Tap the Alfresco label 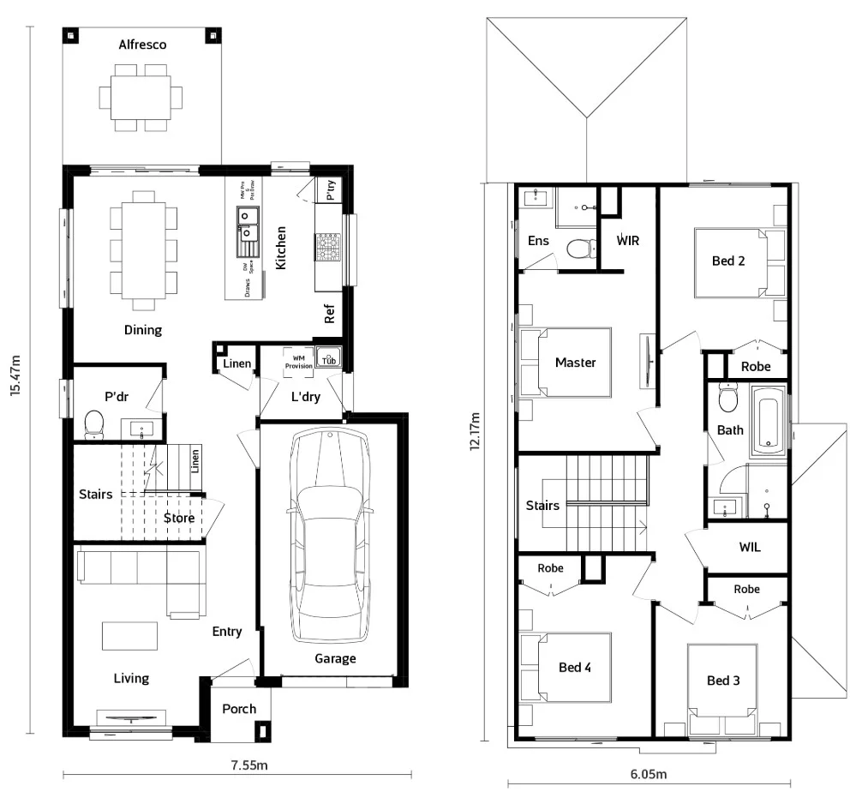pos(142,45)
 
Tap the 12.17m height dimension pos(476,447)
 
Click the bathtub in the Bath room pos(768,422)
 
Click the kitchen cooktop pos(328,247)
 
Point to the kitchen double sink pos(247,231)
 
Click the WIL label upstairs pos(750,548)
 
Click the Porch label pos(239,709)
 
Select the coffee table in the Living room pos(130,636)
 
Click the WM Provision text pos(298,361)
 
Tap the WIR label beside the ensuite pos(628,240)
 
